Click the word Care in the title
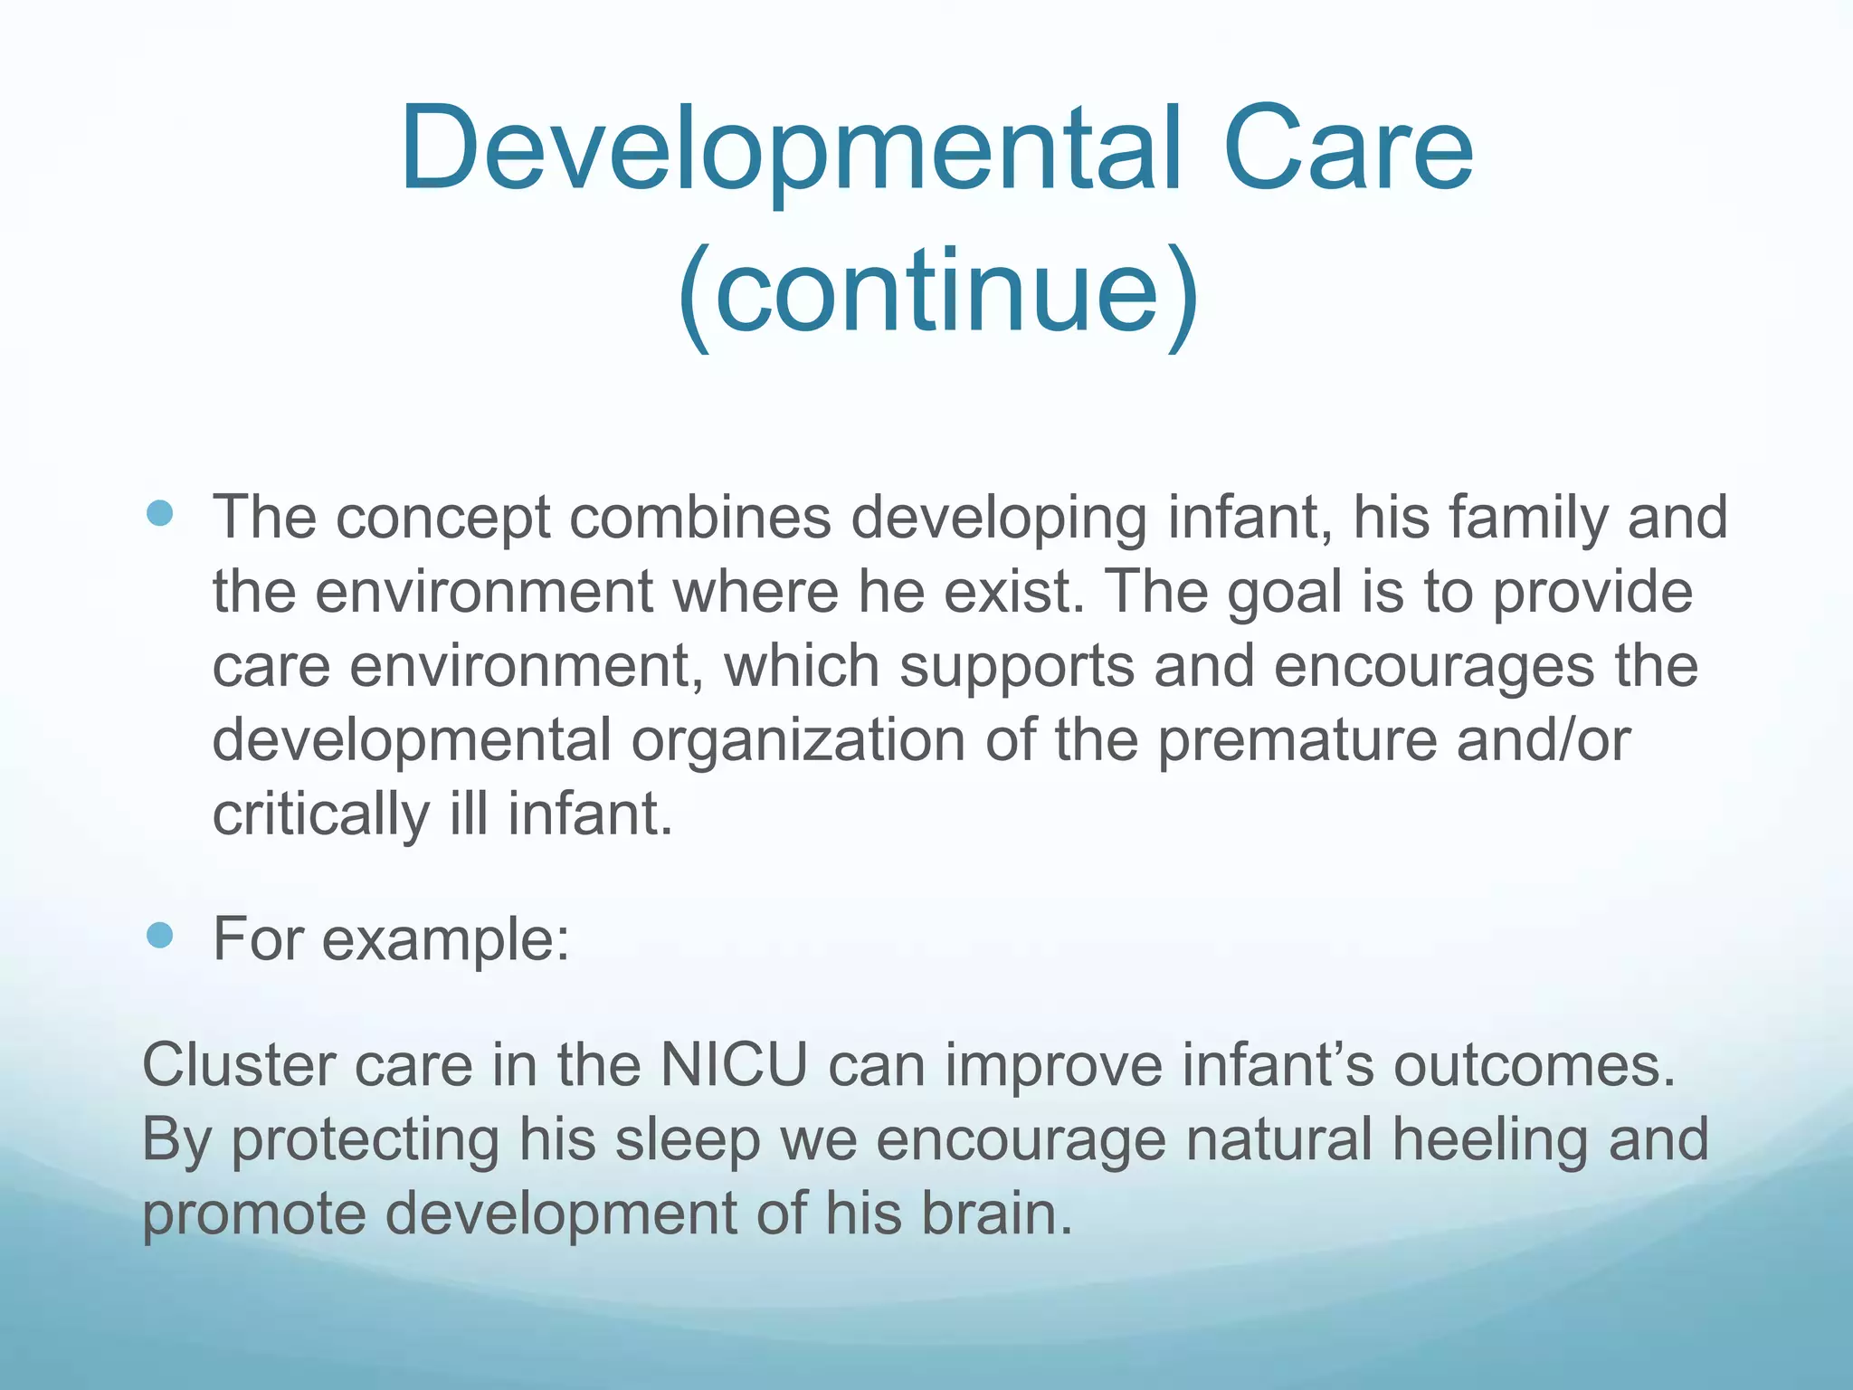pyautogui.click(x=1347, y=150)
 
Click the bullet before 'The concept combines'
pyautogui.click(x=159, y=514)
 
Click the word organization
pyautogui.click(x=798, y=740)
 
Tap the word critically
pyautogui.click(x=320, y=814)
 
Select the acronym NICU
pyautogui.click(x=734, y=1065)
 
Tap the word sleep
pyautogui.click(x=688, y=1139)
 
